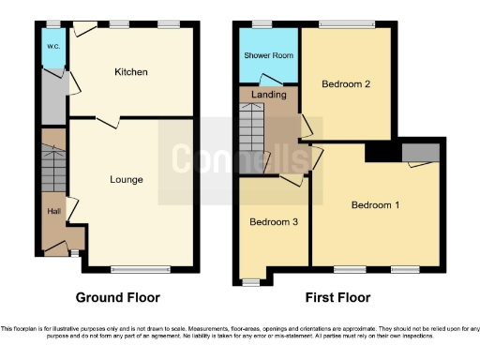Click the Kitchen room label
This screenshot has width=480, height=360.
131,72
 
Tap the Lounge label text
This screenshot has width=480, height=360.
127,179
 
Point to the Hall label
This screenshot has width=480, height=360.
54,211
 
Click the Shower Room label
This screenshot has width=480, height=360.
269,55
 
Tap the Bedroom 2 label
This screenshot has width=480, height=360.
346,84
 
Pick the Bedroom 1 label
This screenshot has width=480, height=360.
375,204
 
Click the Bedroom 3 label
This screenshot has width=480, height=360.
273,222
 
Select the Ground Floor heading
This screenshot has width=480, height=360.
118,297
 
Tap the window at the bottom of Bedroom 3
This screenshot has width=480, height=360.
250,280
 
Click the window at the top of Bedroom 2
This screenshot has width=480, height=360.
346,24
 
